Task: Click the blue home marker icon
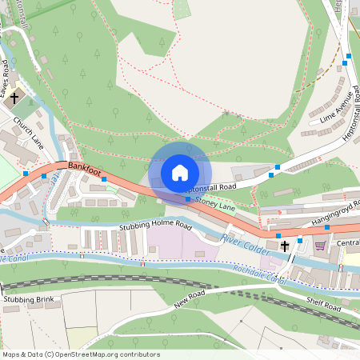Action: (180, 173)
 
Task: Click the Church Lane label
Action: (29, 132)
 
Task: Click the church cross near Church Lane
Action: (14, 98)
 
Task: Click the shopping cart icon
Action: (321, 245)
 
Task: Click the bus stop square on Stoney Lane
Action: (188, 199)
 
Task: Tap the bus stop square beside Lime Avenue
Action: (347, 62)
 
